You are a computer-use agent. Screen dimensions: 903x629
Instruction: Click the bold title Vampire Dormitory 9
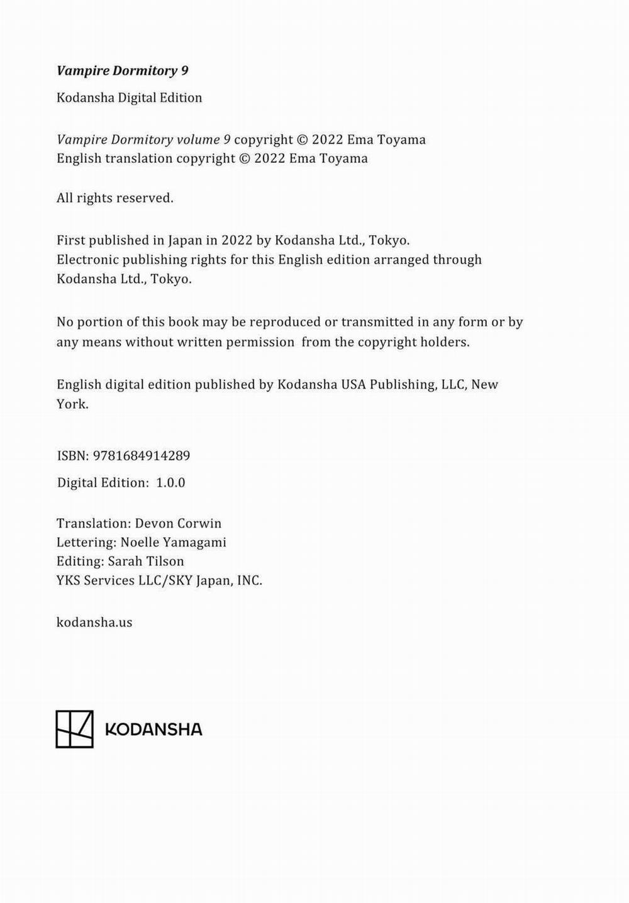pyautogui.click(x=122, y=70)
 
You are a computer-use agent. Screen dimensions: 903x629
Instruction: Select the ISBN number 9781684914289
pyautogui.click(x=141, y=456)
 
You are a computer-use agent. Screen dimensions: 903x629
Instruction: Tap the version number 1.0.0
pyautogui.click(x=170, y=483)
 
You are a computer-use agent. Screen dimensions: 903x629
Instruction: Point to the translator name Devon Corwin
pyautogui.click(x=178, y=523)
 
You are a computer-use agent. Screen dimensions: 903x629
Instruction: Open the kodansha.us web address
pyautogui.click(x=94, y=623)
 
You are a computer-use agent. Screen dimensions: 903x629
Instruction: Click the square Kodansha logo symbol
pyautogui.click(x=74, y=729)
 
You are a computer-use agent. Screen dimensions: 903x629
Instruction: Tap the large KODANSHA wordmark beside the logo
pyautogui.click(x=153, y=729)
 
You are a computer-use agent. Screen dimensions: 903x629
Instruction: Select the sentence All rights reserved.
pyautogui.click(x=114, y=198)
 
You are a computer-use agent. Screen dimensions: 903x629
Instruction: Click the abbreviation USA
pyautogui.click(x=353, y=384)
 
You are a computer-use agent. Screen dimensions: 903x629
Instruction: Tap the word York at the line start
pyautogui.click(x=71, y=404)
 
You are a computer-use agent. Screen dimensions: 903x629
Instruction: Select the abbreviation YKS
pyautogui.click(x=69, y=580)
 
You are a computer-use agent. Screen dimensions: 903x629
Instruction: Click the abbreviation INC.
pyautogui.click(x=249, y=580)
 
